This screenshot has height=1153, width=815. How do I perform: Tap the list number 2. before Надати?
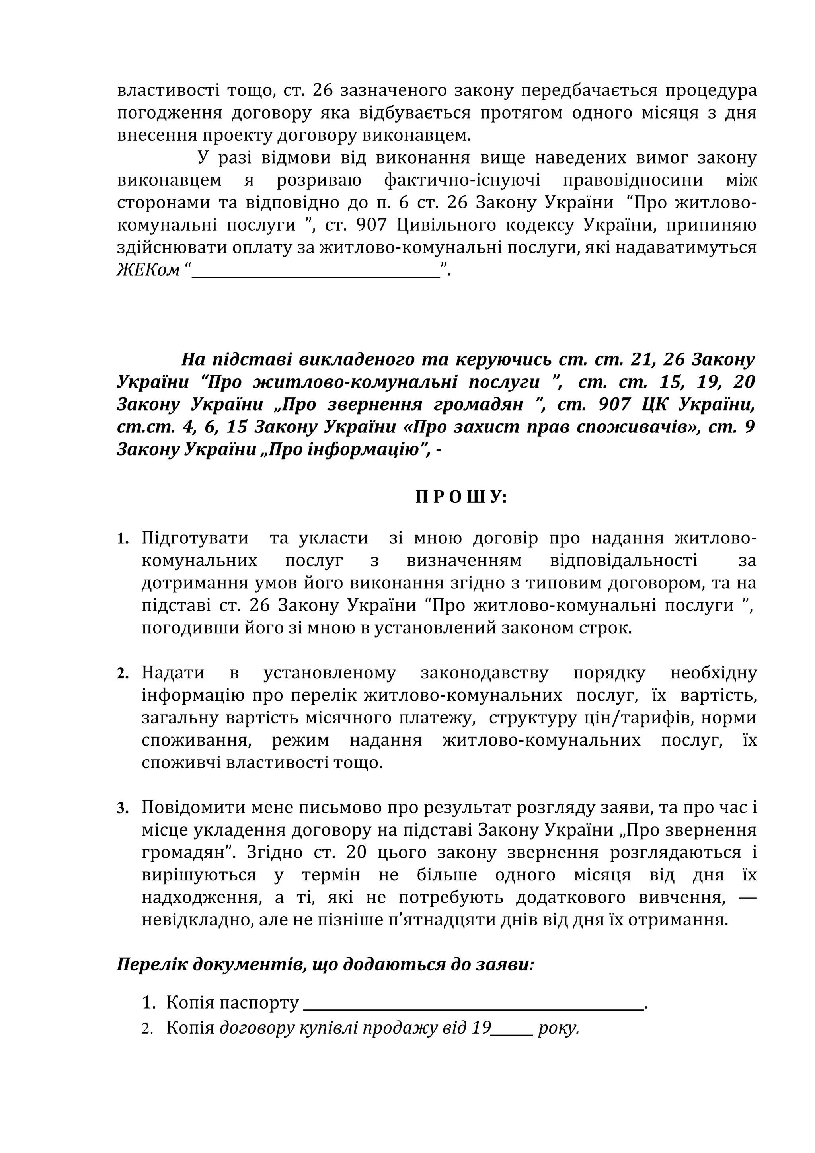(x=123, y=674)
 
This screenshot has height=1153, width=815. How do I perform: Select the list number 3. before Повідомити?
(x=123, y=808)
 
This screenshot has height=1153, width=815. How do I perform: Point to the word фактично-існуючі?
(x=462, y=180)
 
